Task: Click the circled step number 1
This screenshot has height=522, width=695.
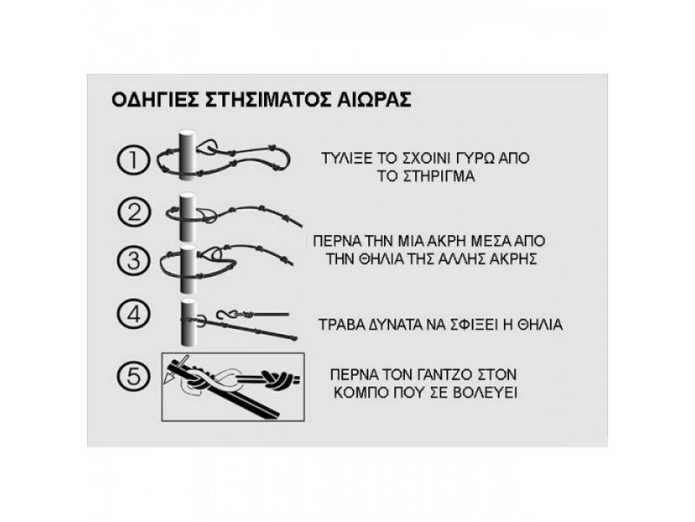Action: pyautogui.click(x=134, y=160)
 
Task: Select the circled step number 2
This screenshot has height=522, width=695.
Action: pyautogui.click(x=134, y=212)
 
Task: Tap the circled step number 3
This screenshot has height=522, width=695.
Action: pyautogui.click(x=134, y=260)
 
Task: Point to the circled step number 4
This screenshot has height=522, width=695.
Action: pyautogui.click(x=134, y=314)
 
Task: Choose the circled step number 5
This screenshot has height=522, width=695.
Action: pyautogui.click(x=134, y=376)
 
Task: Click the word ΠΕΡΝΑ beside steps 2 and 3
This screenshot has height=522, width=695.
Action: pyautogui.click(x=334, y=241)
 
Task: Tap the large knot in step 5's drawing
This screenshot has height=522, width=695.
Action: pyautogui.click(x=277, y=379)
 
